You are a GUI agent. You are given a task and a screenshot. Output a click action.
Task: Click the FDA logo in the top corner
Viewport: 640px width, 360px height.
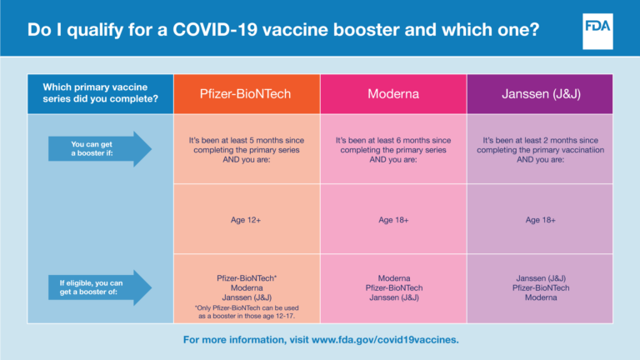pyautogui.click(x=596, y=28)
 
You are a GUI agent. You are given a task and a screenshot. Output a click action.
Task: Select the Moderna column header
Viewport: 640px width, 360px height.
pyautogui.click(x=393, y=94)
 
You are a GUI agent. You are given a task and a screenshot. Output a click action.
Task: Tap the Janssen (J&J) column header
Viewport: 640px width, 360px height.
pyautogui.click(x=539, y=94)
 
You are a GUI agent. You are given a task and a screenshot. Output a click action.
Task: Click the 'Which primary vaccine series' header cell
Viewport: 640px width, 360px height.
pyautogui.click(x=100, y=94)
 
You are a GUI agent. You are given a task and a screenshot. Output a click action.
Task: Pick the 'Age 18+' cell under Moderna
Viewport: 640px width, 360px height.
pyautogui.click(x=393, y=220)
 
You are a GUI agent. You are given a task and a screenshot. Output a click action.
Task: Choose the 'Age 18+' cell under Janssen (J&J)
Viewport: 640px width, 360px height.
pyautogui.click(x=539, y=220)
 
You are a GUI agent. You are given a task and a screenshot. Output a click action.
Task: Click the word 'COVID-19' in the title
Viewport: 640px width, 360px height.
pyautogui.click(x=216, y=30)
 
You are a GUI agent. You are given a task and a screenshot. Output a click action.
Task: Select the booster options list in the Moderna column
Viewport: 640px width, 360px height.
pyautogui.click(x=393, y=287)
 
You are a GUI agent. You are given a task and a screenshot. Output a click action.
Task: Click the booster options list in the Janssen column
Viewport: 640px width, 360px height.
pyautogui.click(x=539, y=287)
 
